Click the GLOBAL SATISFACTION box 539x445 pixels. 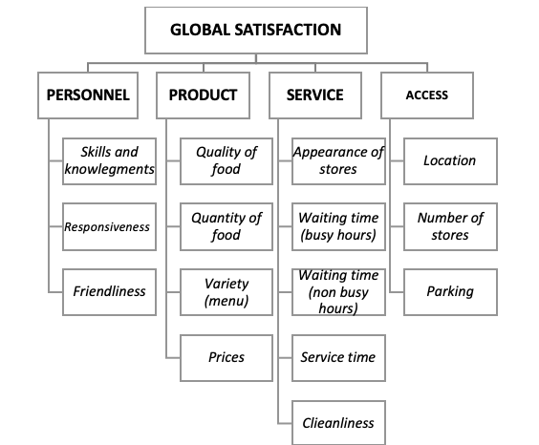coord(256,31)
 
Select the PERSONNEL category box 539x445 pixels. coord(88,95)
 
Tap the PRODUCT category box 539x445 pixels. coord(204,95)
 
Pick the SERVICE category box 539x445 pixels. coord(315,95)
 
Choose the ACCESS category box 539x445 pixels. coord(427,95)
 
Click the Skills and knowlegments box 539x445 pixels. coord(109,161)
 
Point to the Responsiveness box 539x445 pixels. coord(109,226)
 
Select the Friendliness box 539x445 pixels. coord(109,292)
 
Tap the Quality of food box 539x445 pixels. coord(226,161)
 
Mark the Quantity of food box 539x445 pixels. coord(226,226)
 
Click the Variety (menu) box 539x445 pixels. coord(226,292)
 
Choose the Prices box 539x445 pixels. coord(226,358)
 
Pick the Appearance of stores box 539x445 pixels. coord(338,161)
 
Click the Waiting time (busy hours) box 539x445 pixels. coord(338,226)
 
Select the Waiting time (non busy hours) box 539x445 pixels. coord(338,292)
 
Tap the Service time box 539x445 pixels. coord(338,358)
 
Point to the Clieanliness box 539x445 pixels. coord(338,423)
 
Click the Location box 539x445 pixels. coord(450,161)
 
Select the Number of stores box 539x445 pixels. coord(450,226)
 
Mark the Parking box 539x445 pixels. coord(450,292)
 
